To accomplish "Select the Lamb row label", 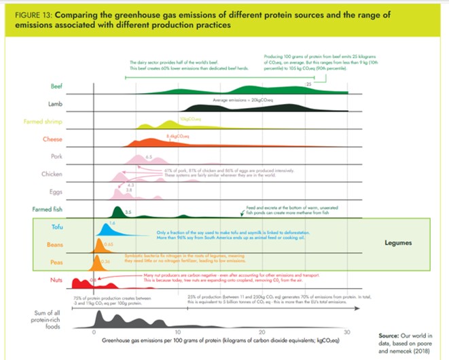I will [54, 105].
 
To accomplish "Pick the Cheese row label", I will [52, 139].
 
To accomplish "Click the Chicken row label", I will [52, 175].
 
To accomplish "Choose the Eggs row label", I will [56, 192].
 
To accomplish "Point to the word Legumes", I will [401, 242].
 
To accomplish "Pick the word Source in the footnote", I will [389, 336].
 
